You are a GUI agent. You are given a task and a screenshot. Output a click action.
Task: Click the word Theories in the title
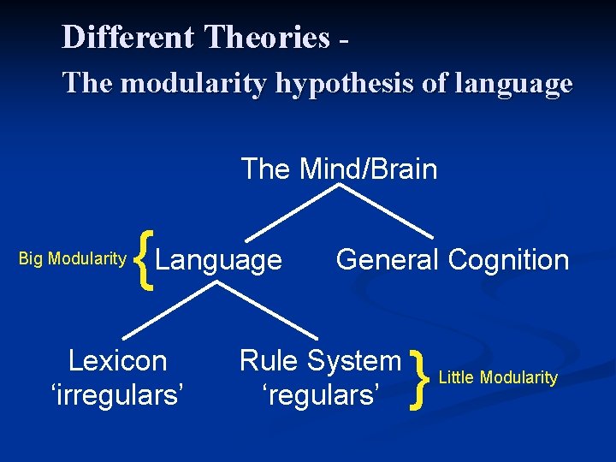(267, 38)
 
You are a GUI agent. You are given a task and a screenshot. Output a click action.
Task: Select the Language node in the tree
(220, 259)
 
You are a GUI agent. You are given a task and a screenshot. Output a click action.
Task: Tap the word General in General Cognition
(388, 259)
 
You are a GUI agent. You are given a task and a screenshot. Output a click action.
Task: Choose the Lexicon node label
(117, 360)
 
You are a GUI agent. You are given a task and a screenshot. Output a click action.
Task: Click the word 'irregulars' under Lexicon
(117, 394)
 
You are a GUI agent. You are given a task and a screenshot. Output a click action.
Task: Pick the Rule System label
(320, 360)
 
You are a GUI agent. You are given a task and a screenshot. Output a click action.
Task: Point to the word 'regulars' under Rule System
(320, 394)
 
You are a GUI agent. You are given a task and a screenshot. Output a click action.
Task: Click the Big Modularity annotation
(73, 259)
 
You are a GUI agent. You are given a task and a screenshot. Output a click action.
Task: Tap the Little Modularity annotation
(498, 377)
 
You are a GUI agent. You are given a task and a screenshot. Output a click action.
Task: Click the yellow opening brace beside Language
(146, 259)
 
